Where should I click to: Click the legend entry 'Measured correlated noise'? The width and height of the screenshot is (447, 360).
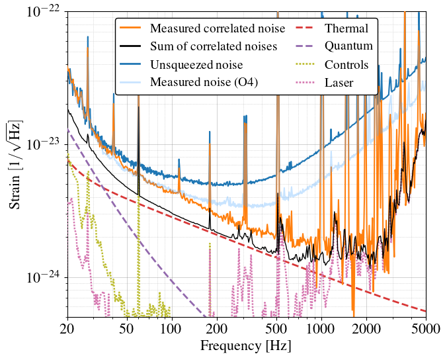point(218,28)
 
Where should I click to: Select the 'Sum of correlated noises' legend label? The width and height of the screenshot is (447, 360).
point(214,46)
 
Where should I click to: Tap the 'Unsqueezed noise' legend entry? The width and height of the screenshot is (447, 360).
point(196,65)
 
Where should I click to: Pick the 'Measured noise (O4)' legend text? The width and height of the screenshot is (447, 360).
point(204,82)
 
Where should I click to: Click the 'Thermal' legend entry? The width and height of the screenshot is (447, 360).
point(346,28)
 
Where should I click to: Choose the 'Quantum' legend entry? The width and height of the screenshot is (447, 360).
point(348,46)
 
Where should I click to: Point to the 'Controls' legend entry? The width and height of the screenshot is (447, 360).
point(346,65)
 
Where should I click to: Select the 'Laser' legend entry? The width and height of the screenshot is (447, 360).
point(339,83)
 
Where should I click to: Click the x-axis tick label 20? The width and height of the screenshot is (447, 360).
point(67,329)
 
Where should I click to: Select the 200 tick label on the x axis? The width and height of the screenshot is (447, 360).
point(217,329)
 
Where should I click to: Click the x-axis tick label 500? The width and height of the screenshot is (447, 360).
point(276,329)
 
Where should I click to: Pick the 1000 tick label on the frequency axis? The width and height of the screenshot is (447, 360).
point(321,329)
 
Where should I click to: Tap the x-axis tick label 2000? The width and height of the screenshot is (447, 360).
point(366,329)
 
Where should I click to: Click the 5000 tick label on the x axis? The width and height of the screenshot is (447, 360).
point(426,329)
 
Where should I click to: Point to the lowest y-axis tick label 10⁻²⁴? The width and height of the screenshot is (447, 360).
point(44,277)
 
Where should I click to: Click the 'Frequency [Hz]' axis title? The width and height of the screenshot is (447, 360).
point(246,346)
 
